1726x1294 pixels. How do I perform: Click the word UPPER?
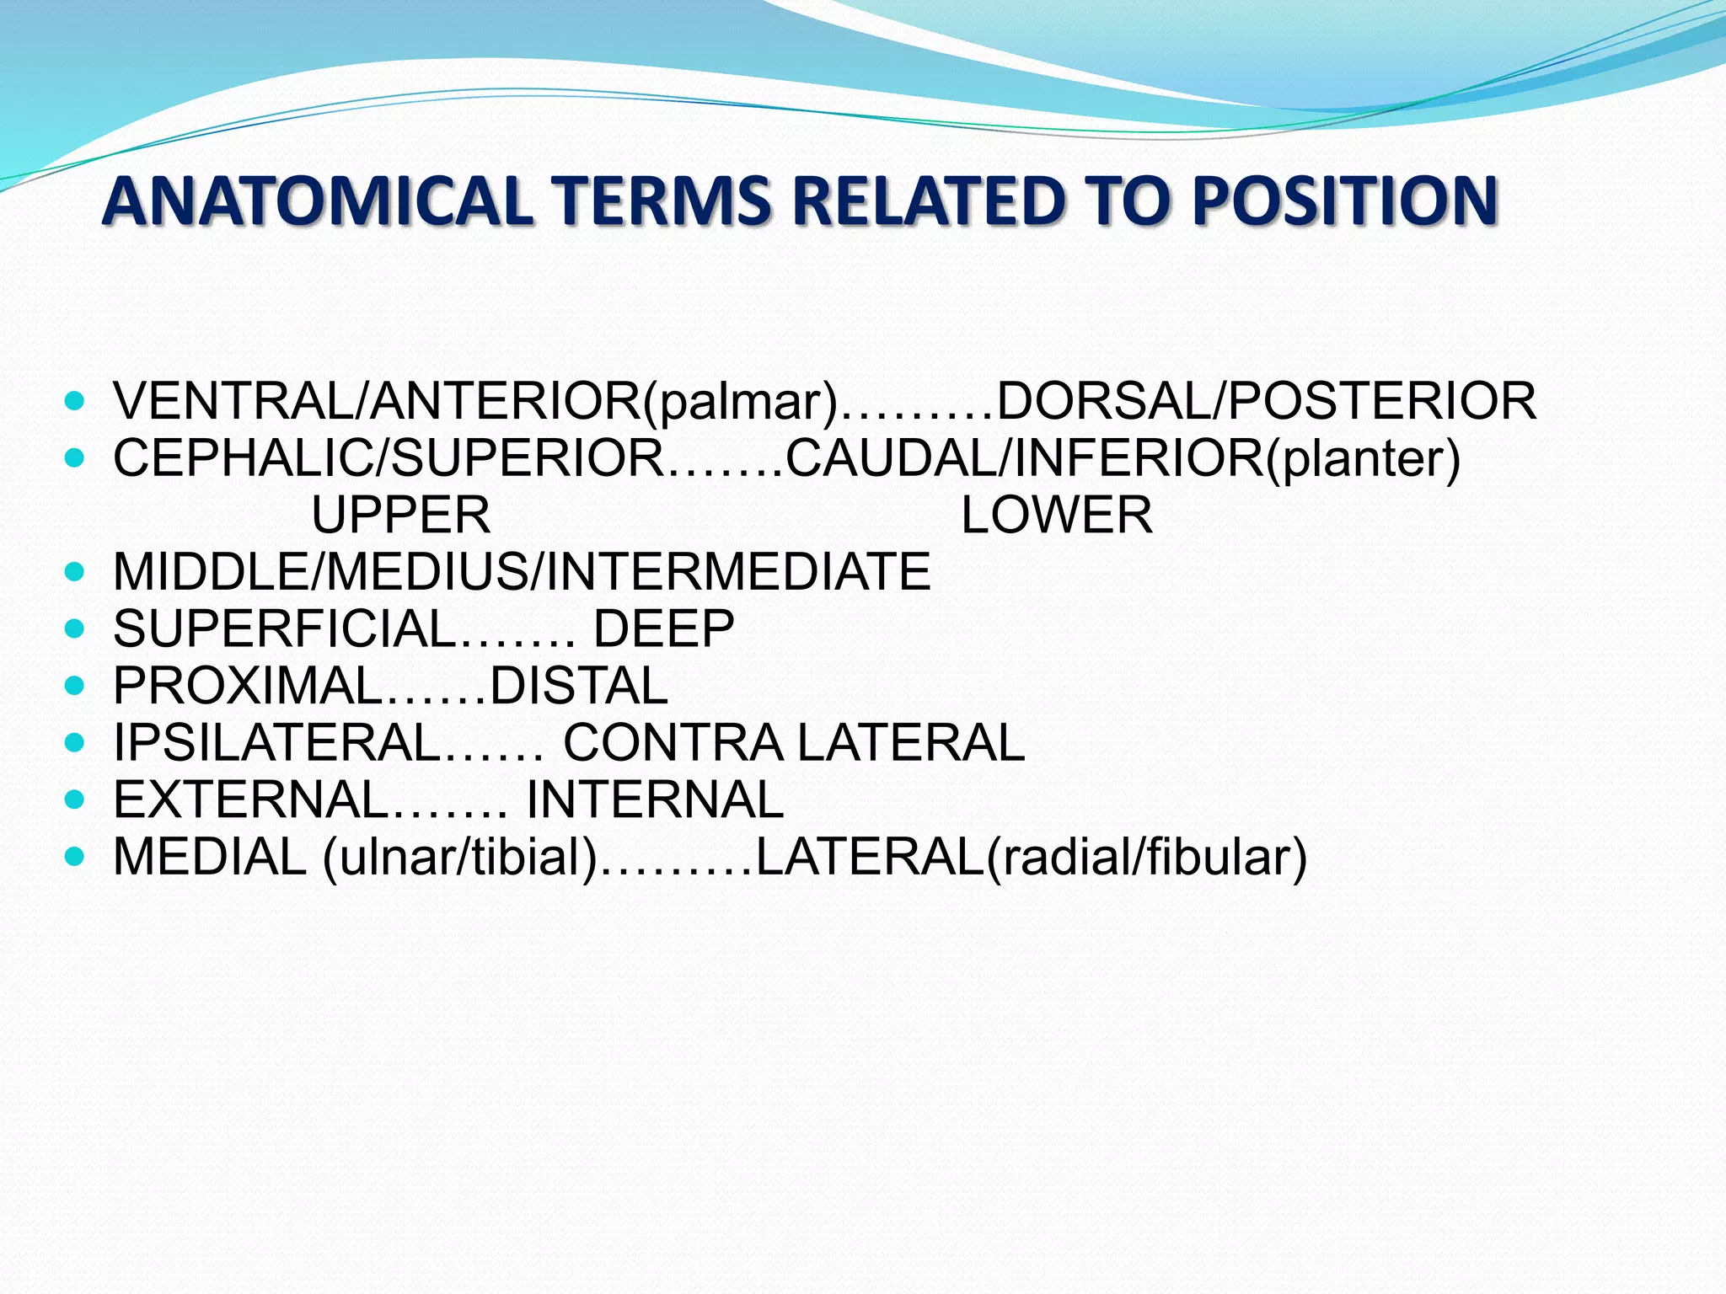[401, 516]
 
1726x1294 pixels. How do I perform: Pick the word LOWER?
[1057, 516]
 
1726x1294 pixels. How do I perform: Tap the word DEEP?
[664, 629]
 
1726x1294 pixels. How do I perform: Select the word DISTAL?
[579, 686]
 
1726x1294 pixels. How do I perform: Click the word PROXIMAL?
[248, 686]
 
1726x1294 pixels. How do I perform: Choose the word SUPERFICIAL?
[284, 629]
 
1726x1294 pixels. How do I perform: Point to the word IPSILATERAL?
[276, 743]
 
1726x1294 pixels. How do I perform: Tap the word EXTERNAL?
[249, 799]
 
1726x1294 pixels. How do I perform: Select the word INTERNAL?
[655, 799]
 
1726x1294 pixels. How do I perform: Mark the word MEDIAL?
[210, 857]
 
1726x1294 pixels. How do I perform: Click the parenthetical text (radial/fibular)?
[1147, 858]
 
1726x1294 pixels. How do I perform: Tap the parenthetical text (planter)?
[1363, 459]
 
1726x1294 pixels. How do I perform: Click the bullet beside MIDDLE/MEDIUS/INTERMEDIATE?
[75, 573]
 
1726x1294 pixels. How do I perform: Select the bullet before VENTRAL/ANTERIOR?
[75, 401]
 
